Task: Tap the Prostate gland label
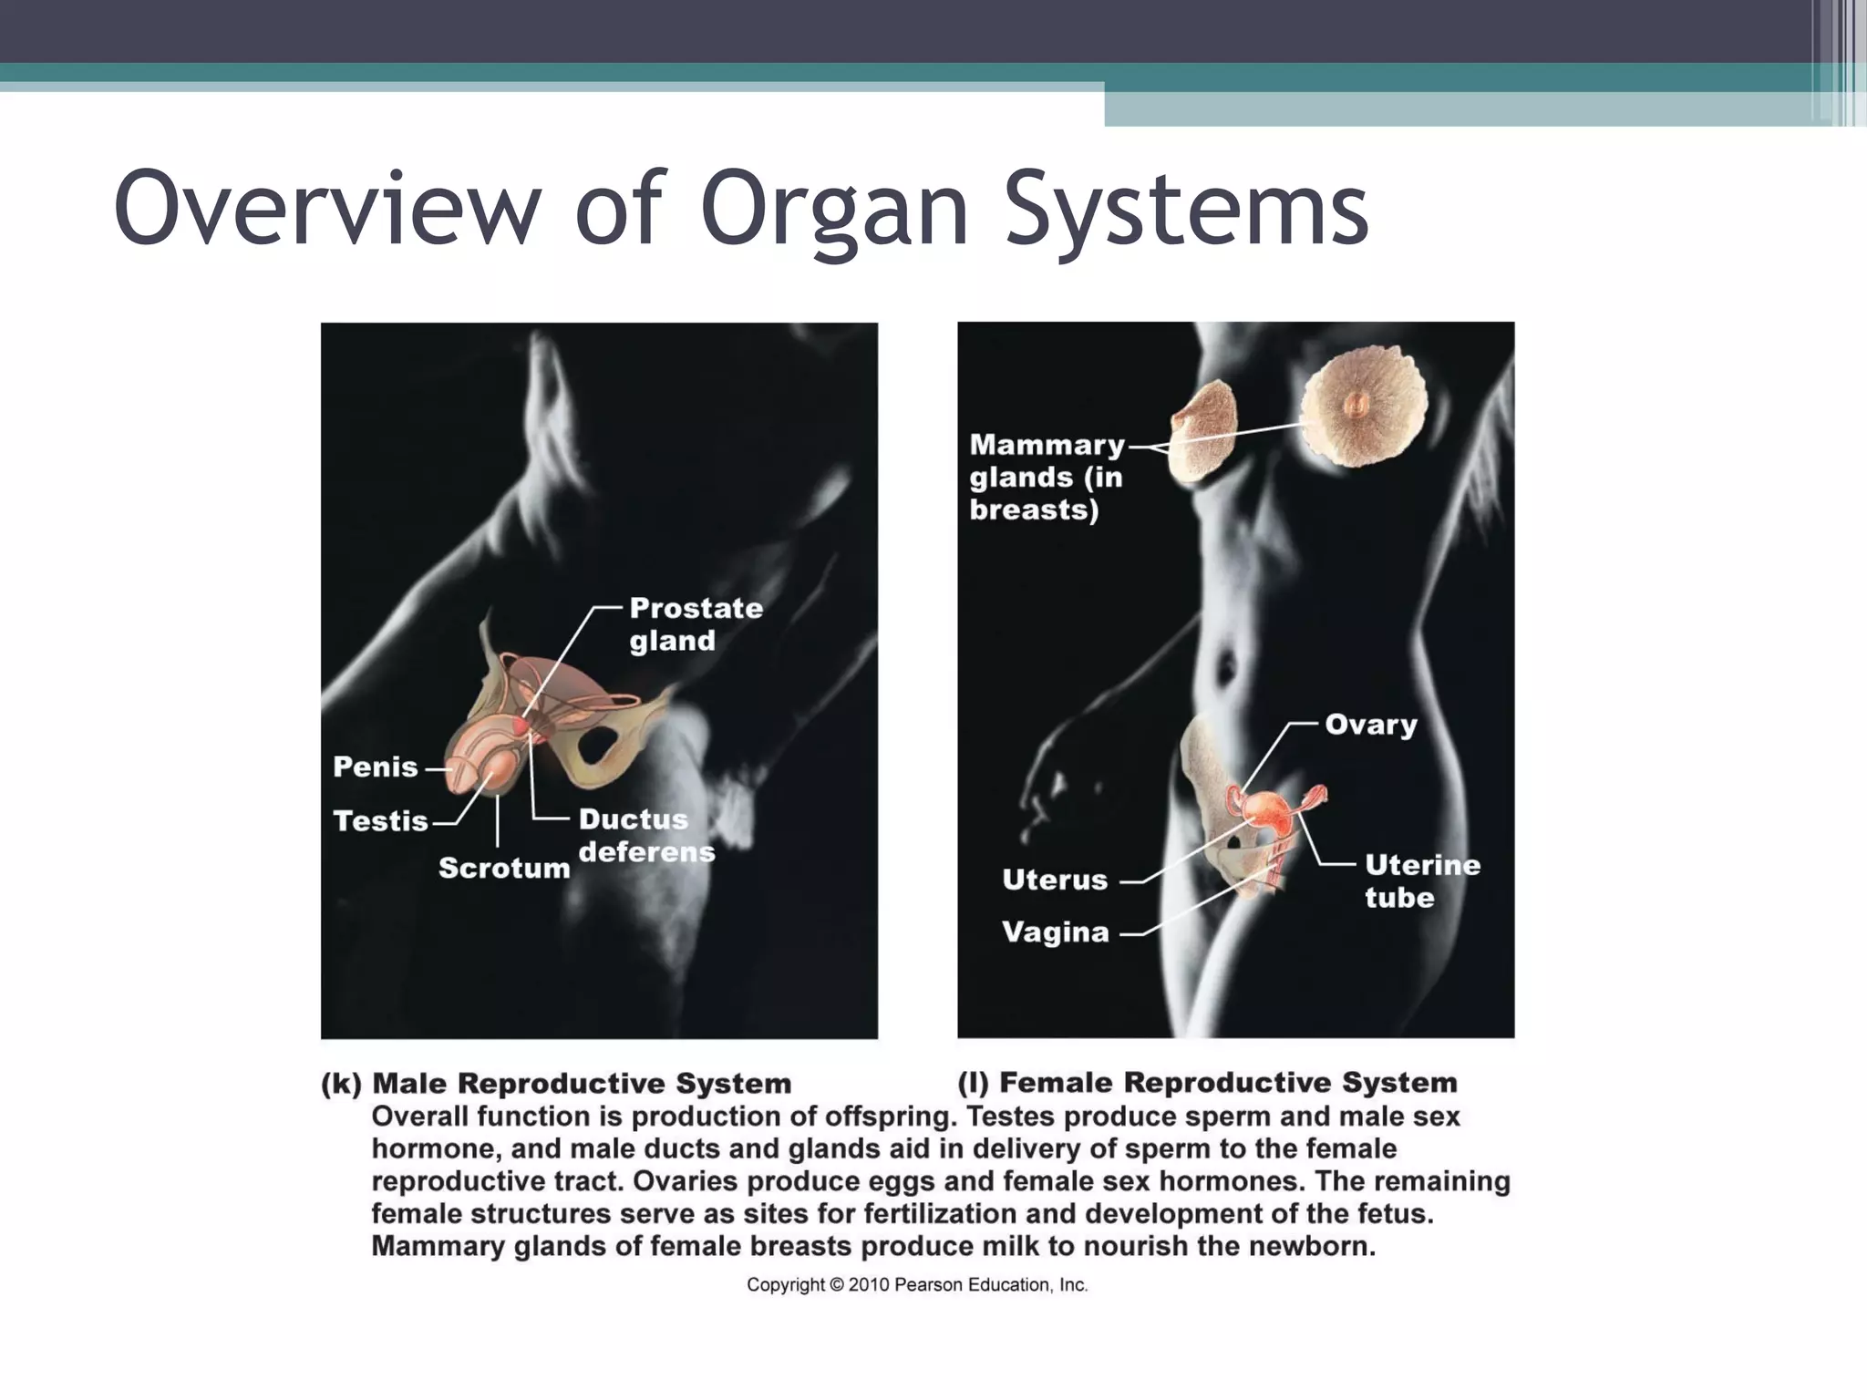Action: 696,624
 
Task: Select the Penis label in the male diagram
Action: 376,767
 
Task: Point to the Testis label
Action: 380,821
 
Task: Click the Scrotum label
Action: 504,868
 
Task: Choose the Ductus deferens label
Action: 645,836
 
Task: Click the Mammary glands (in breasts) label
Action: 1047,477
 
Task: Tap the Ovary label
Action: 1371,725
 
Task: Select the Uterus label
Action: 1055,880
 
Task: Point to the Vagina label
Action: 1055,932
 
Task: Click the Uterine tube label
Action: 1422,880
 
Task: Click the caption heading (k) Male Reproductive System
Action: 556,1084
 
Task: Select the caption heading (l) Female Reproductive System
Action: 1207,1083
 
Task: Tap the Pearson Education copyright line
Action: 917,1285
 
